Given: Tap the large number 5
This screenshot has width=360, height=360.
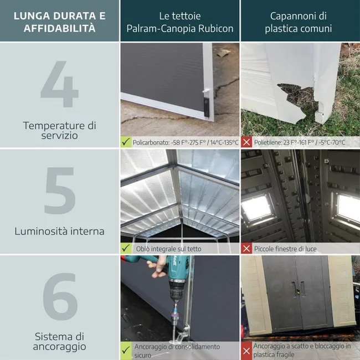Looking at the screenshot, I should [59, 192].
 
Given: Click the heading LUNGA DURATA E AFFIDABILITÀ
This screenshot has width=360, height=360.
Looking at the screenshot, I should [59, 21].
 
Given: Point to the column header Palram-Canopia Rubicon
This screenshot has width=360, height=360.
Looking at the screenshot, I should [180, 22].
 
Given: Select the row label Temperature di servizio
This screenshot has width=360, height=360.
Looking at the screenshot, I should [59, 130].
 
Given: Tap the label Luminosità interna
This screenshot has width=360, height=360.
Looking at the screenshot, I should [59, 231].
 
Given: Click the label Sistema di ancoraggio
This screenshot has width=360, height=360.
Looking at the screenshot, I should [60, 341].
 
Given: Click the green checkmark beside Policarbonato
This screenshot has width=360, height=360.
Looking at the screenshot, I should [126, 142].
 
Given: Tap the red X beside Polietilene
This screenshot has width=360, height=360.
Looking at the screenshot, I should [247, 142].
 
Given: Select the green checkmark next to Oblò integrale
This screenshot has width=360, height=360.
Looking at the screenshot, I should [126, 249].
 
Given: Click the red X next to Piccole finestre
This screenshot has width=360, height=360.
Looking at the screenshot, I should [247, 249].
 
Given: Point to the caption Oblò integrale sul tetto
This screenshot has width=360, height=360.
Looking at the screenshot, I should [168, 249].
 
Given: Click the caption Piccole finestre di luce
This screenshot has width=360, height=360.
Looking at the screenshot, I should [285, 249].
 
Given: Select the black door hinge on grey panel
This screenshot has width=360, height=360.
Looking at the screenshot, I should [207, 105].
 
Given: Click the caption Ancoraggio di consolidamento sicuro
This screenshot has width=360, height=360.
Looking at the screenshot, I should [177, 351].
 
